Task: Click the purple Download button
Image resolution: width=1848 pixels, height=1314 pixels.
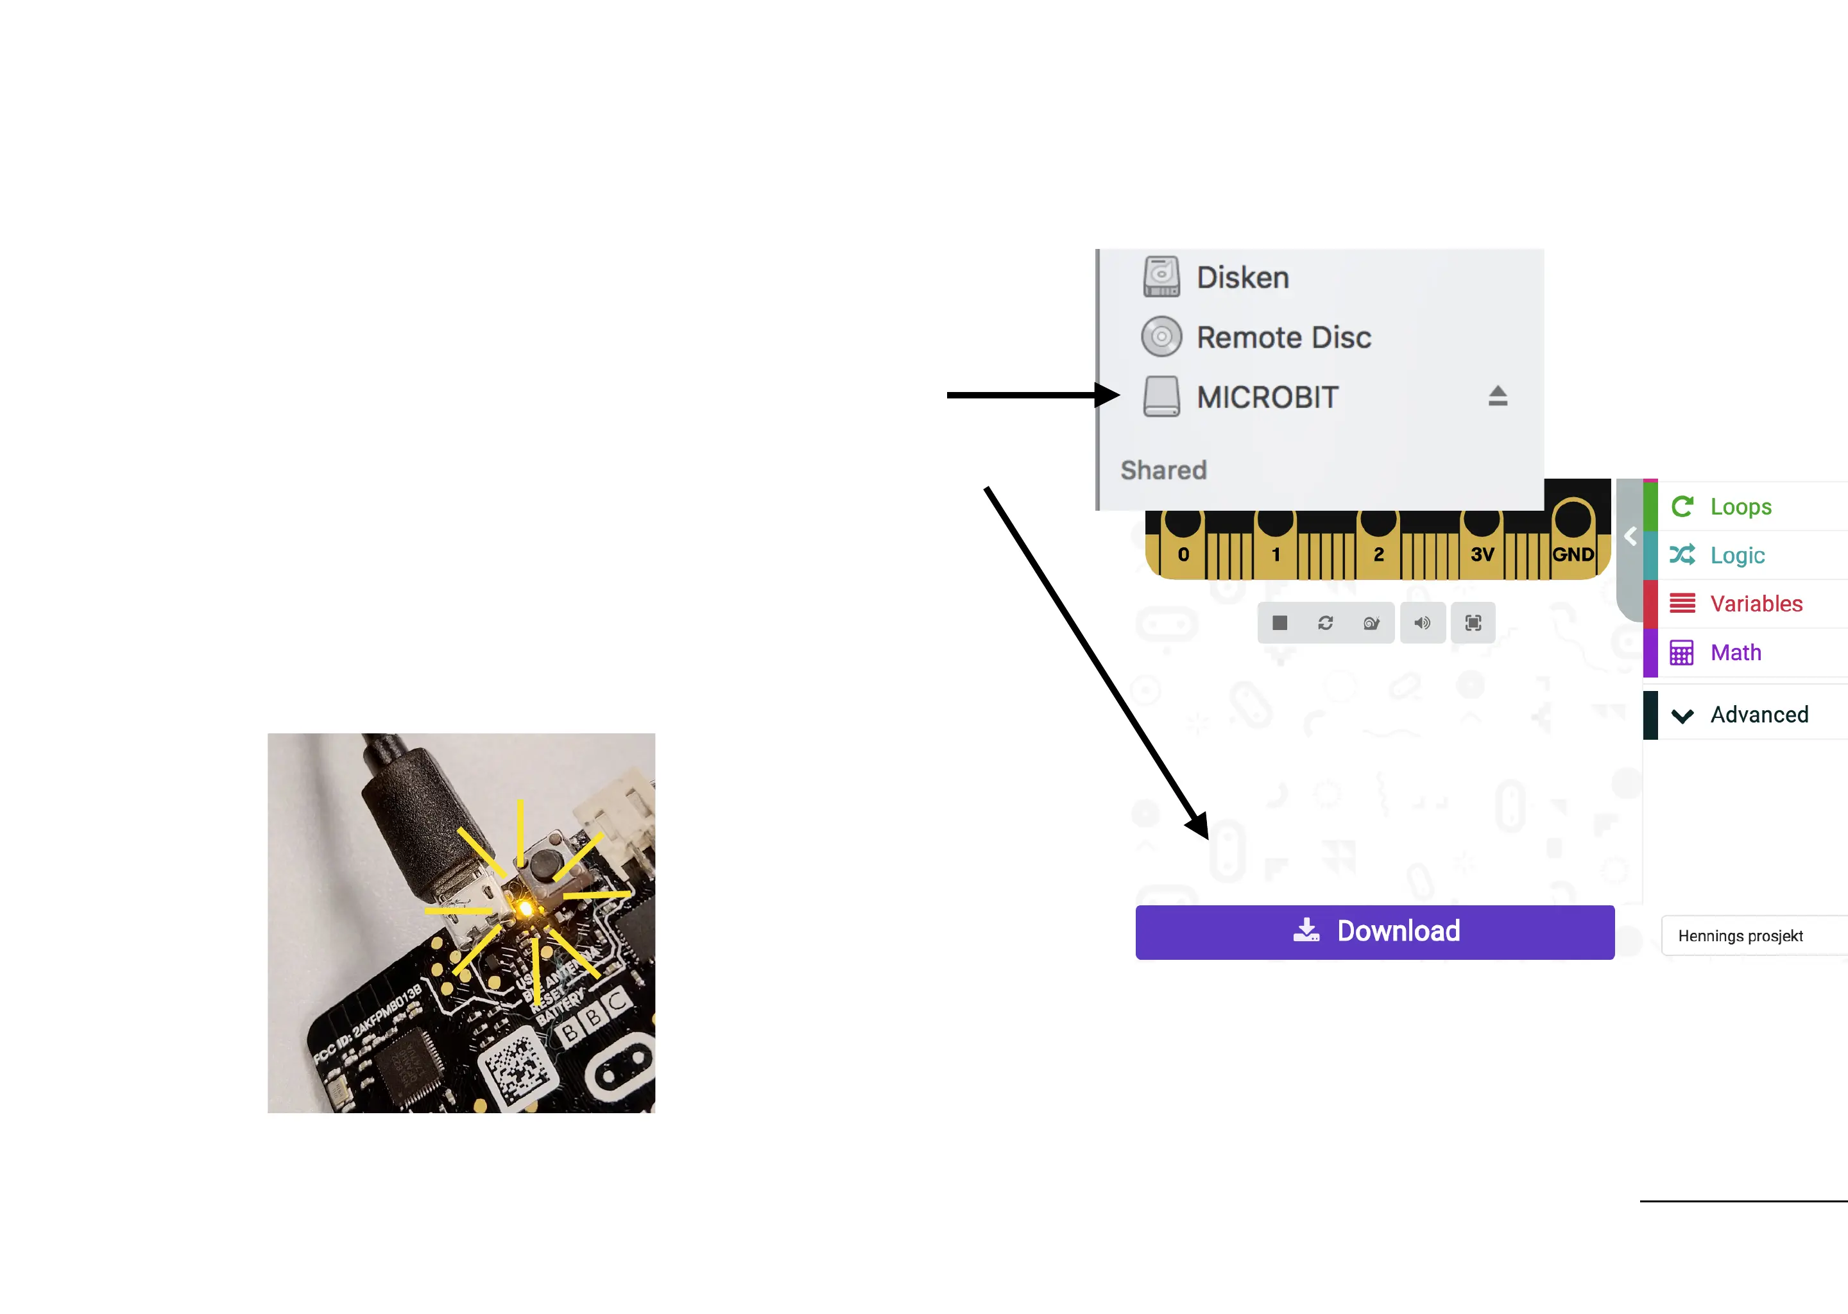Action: (x=1374, y=932)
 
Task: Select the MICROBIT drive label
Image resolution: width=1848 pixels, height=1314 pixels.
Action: (x=1267, y=397)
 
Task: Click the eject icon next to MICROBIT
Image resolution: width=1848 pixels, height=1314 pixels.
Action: (x=1497, y=396)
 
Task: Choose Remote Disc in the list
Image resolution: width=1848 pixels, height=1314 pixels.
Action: (x=1283, y=337)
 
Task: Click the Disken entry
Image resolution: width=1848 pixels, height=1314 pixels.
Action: (x=1242, y=278)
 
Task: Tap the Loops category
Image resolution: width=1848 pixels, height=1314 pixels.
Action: (x=1740, y=506)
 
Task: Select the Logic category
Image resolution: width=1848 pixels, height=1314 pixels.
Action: (x=1736, y=555)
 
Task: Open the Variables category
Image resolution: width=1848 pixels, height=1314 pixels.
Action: (x=1755, y=604)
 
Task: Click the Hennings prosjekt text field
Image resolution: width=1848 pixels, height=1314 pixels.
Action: (x=1748, y=936)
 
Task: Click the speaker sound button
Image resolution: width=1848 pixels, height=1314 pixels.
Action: (x=1421, y=623)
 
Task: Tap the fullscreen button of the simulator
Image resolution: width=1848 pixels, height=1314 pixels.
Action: (x=1473, y=623)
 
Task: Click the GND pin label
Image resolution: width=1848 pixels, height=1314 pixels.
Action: (x=1572, y=555)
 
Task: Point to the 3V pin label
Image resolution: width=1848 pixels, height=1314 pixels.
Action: (x=1482, y=555)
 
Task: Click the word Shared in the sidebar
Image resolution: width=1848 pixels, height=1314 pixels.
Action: (x=1163, y=470)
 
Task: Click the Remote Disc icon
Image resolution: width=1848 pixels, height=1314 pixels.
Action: (x=1161, y=337)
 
